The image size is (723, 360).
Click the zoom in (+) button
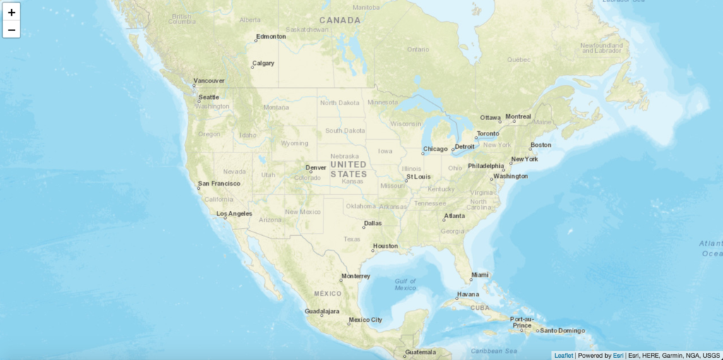11,12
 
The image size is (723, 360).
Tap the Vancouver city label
209,80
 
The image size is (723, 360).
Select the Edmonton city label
271,36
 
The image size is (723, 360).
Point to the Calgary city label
263,64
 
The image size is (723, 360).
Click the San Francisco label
220,184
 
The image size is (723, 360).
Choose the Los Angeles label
234,213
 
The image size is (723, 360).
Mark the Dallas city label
373,223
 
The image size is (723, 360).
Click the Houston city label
386,246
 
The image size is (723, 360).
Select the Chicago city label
435,149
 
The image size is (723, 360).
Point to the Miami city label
480,275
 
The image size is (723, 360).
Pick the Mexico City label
366,320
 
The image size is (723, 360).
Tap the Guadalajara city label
322,311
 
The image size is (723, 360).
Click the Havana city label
467,294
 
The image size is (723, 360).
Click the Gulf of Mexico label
405,284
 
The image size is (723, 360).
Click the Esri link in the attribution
619,355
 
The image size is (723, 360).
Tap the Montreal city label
518,116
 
